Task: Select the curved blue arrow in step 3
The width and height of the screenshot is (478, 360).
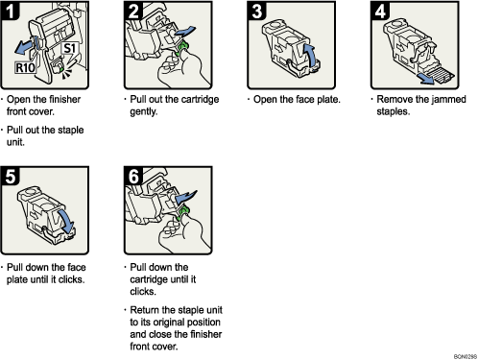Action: [311, 51]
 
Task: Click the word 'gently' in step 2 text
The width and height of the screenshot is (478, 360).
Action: [145, 110]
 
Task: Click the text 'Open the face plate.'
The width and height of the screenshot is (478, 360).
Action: [292, 99]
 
